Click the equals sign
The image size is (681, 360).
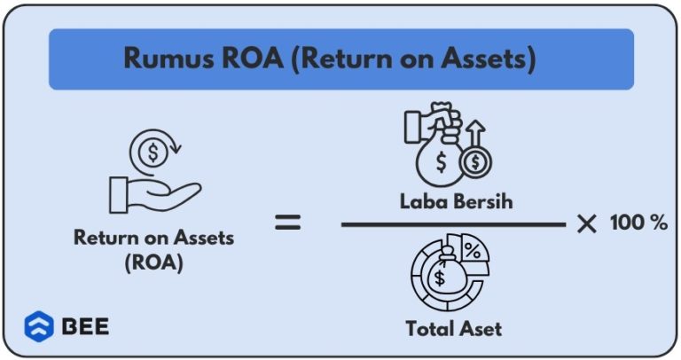click(x=286, y=223)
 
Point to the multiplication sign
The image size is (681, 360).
click(x=586, y=224)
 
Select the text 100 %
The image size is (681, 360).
click(x=638, y=223)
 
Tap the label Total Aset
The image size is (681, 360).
click(x=453, y=328)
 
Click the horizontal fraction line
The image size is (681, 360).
click(x=453, y=224)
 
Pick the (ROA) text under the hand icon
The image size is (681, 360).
click(x=154, y=263)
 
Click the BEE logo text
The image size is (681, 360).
click(x=85, y=326)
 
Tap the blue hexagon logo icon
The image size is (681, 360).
click(x=38, y=326)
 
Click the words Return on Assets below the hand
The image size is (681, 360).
click(x=153, y=238)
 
